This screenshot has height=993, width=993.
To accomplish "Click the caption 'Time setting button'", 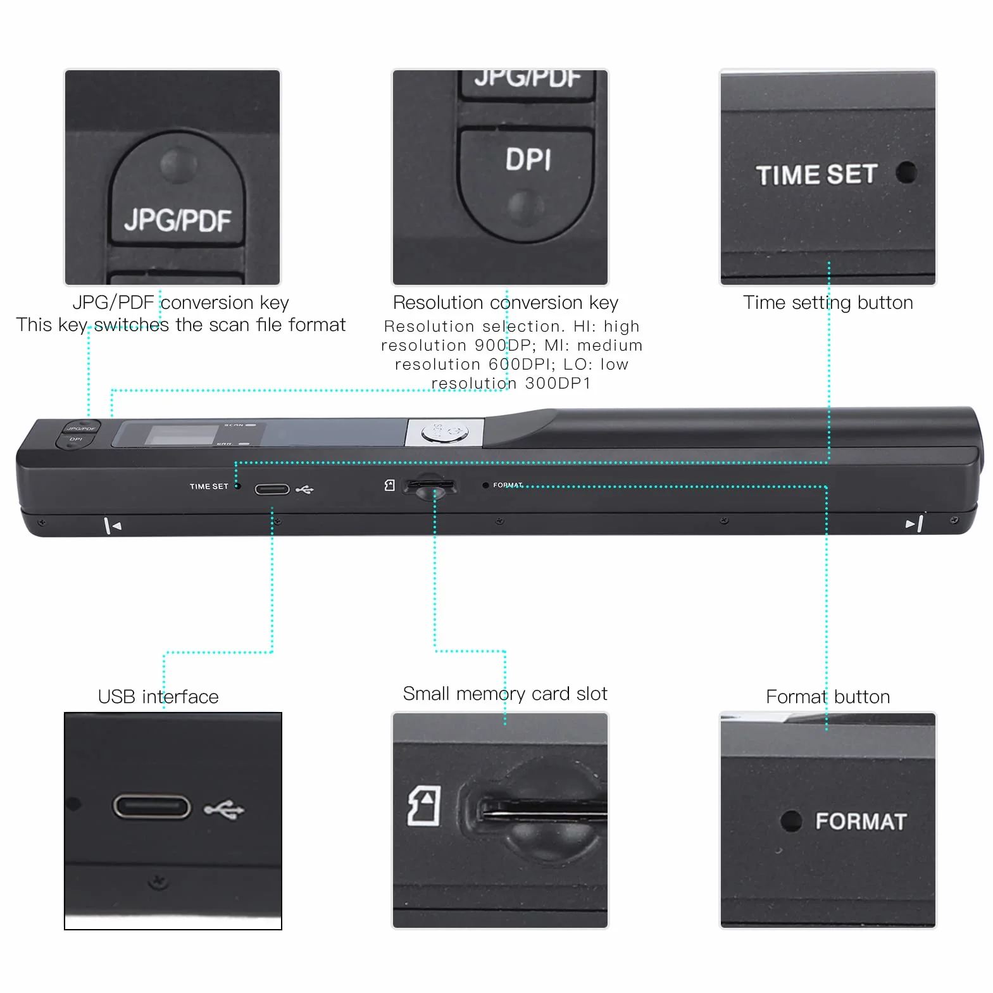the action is [828, 303].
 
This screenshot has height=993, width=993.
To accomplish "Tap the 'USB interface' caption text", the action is [158, 697].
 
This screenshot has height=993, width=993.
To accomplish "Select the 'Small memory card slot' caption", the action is [505, 694].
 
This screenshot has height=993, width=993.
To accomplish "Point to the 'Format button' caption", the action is [828, 697].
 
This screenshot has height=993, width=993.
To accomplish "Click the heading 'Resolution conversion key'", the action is [506, 303].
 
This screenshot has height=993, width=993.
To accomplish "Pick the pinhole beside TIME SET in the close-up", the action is [907, 172].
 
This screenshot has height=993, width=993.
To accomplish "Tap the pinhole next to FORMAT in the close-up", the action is [791, 821].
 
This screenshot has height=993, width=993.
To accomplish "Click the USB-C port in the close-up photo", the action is [151, 807].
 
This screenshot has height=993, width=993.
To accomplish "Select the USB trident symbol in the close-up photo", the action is [223, 809].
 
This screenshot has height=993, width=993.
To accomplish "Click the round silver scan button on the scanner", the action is [445, 433].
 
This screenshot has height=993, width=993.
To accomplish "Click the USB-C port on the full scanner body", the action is [272, 489].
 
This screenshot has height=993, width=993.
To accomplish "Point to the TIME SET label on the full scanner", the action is [209, 487].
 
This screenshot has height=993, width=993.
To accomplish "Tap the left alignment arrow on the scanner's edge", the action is [112, 525].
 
